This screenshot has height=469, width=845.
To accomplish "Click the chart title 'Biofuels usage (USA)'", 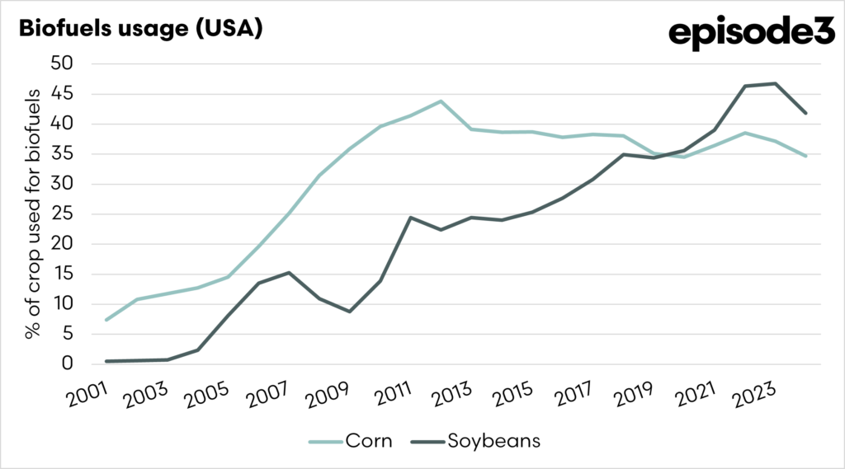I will pyautogui.click(x=140, y=29).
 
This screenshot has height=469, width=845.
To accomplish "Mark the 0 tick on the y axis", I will pyautogui.click(x=69, y=364).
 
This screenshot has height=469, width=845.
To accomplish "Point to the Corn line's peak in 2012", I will pyautogui.click(x=441, y=101).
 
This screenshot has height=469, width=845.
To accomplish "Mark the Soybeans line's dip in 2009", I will pyautogui.click(x=350, y=312).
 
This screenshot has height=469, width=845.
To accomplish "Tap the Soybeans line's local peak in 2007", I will pyautogui.click(x=289, y=272).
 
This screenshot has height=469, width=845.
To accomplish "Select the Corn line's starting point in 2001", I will pyautogui.click(x=106, y=320).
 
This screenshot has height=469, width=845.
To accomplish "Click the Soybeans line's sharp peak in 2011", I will pyautogui.click(x=411, y=218).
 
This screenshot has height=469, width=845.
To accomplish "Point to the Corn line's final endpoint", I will pyautogui.click(x=806, y=156).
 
